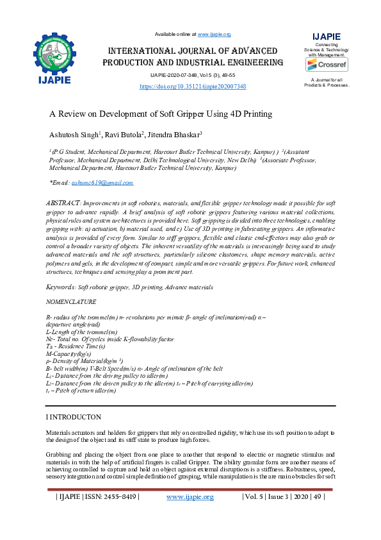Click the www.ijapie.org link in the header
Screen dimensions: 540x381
coord(214,33)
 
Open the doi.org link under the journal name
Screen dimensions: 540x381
coord(193,86)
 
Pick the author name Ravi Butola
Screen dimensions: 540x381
coord(126,135)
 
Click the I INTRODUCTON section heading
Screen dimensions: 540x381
coord(73,417)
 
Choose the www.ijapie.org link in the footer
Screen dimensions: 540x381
coord(190,496)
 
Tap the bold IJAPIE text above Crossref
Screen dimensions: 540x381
coord(326,36)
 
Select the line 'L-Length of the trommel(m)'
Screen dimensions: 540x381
coord(82,332)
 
